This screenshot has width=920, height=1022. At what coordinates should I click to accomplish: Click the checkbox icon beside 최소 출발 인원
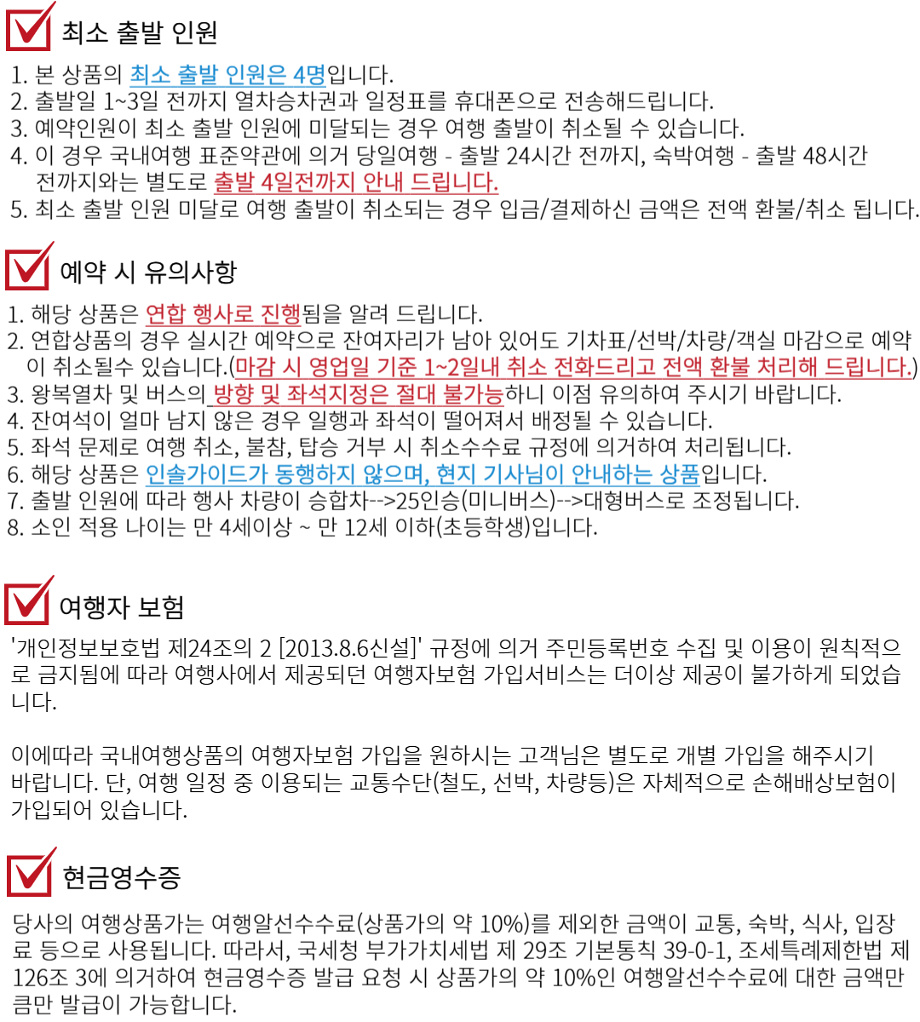30,26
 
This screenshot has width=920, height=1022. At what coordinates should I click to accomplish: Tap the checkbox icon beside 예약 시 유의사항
29,266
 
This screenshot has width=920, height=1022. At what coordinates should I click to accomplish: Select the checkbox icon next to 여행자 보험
29,600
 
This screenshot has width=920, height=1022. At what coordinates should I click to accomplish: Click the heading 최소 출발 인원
140,32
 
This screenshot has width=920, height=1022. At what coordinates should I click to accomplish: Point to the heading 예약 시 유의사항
148,272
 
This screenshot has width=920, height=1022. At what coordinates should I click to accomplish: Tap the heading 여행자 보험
121,606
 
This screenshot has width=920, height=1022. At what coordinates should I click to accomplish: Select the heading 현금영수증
121,877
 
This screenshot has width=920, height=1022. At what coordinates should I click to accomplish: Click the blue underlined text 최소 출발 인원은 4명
227,75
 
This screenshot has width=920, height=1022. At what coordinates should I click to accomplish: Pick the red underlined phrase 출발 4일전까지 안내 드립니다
356,182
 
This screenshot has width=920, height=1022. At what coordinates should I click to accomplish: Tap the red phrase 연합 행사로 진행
223,313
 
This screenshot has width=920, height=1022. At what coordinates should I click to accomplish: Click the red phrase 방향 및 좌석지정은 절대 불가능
358,393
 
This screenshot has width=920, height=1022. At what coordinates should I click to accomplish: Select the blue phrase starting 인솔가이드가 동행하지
423,474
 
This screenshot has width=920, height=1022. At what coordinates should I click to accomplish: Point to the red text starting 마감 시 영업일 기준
573,367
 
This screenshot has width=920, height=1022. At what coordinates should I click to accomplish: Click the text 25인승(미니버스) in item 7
475,501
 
